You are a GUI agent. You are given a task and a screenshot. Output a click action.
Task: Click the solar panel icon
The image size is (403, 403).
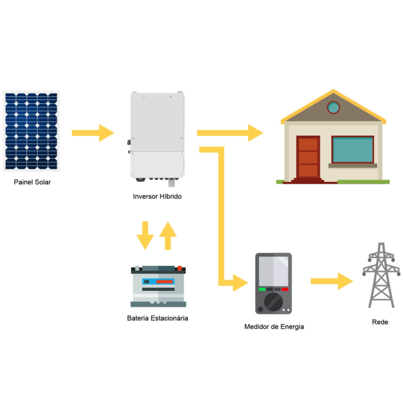pos(31,131)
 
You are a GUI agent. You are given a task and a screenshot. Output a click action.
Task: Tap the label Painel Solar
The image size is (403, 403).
pos(32,183)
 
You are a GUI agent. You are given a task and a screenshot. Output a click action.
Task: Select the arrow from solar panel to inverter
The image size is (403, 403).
pos(93,133)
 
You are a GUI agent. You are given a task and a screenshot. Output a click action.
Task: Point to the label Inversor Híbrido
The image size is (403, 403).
pos(157,196)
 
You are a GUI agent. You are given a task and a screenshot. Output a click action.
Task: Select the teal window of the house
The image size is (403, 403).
pos(352,150)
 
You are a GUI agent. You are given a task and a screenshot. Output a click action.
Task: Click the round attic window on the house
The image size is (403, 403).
pos(334,108)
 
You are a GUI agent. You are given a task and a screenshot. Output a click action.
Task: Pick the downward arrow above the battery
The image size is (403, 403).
pos(145,235)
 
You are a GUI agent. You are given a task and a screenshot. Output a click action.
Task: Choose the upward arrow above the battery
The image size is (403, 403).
pos(167,235)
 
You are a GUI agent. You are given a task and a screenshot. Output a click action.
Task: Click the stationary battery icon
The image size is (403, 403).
pos(158,287)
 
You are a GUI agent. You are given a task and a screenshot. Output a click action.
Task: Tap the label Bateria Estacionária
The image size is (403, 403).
pos(157,318)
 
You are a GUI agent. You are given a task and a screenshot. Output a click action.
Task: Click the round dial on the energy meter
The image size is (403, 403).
pos(273,301)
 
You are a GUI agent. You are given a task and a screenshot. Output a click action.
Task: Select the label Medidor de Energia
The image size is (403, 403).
pos(274,327)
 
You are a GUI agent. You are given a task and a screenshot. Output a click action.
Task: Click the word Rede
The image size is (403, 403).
pos(380,322)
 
